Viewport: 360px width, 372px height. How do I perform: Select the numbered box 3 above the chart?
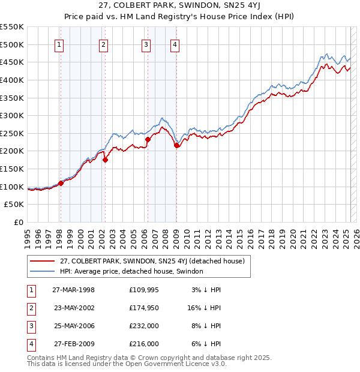coord(146,44)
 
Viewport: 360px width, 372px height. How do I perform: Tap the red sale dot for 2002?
coord(105,160)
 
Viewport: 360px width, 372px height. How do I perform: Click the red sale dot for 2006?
coord(148,139)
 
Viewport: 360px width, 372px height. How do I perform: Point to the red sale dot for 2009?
coord(176,145)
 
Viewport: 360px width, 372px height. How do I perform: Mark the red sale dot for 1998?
coord(61,183)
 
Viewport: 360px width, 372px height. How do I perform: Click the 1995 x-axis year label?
coord(28,235)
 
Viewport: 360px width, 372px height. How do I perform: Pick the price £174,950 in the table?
coord(143,308)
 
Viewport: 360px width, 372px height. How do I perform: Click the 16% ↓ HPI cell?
coord(204,308)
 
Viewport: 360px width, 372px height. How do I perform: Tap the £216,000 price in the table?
coord(143,344)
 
